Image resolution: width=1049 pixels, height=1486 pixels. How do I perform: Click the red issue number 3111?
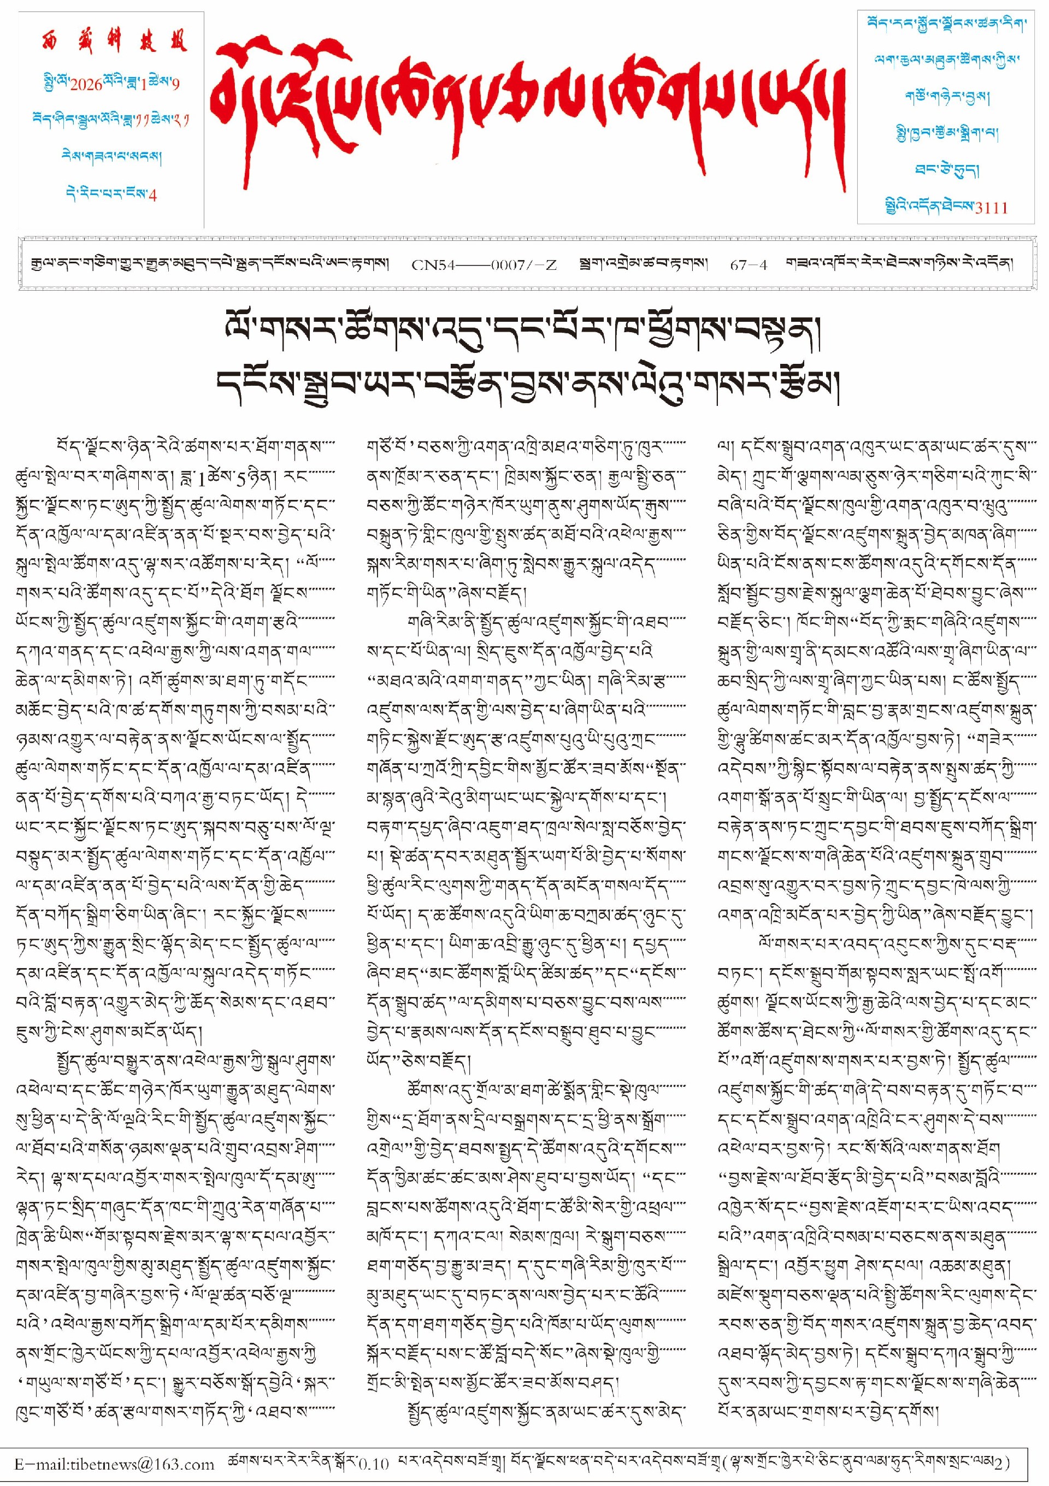990,208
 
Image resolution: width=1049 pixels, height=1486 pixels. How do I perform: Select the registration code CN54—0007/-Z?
484,265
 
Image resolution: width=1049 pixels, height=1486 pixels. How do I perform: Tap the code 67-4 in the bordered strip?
749,265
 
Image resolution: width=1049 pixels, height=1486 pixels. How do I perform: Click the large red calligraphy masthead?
527,107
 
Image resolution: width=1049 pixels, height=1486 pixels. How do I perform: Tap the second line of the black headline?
527,385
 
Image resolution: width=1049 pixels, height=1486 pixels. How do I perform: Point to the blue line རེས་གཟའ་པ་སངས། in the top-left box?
111,157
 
